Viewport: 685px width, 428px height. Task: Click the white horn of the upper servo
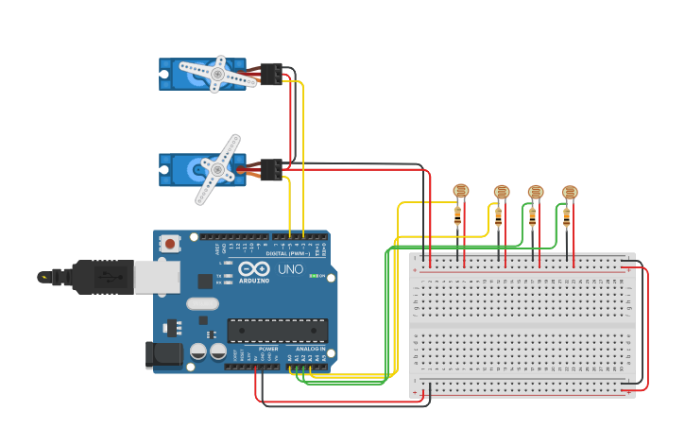217,74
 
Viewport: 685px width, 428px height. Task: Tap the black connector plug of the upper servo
271,74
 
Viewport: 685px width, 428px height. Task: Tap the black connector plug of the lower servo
271,170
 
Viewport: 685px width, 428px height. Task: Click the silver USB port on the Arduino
157,277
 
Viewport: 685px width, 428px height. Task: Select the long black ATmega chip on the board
277,331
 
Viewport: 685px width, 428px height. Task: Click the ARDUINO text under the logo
253,281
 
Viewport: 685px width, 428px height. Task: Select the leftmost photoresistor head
460,191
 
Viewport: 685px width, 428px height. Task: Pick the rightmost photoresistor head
569,192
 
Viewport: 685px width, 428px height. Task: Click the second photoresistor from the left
501,192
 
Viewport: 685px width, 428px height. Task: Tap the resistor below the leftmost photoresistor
457,216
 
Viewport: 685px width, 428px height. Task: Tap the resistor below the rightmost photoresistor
566,217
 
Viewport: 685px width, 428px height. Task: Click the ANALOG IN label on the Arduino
311,349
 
